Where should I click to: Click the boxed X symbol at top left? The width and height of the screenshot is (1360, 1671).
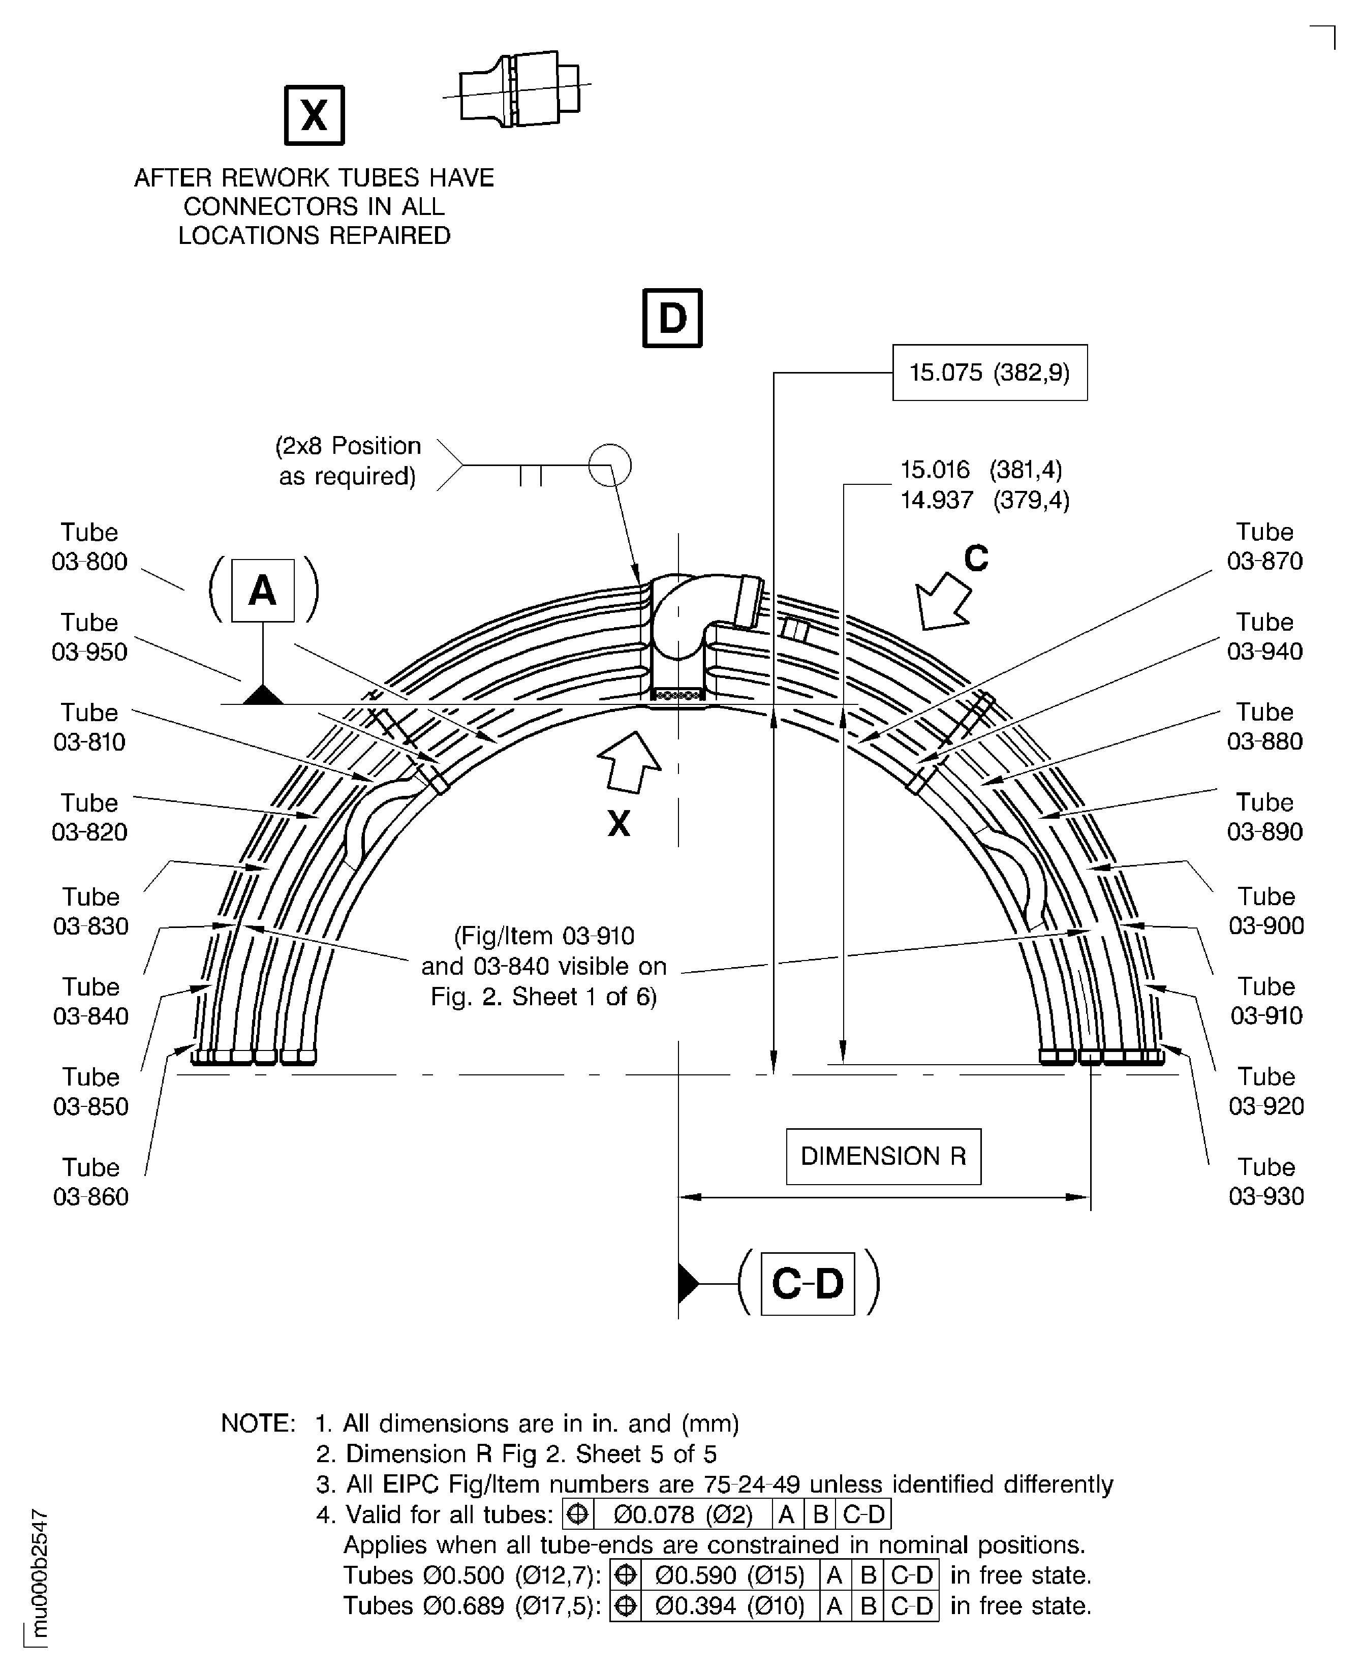314,115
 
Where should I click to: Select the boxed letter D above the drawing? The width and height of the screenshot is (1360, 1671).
672,318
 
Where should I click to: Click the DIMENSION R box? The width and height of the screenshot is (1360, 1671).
883,1156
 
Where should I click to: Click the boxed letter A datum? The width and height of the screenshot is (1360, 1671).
263,591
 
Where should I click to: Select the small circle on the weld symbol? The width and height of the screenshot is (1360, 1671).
609,466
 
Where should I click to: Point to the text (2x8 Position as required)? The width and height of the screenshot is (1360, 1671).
348,460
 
